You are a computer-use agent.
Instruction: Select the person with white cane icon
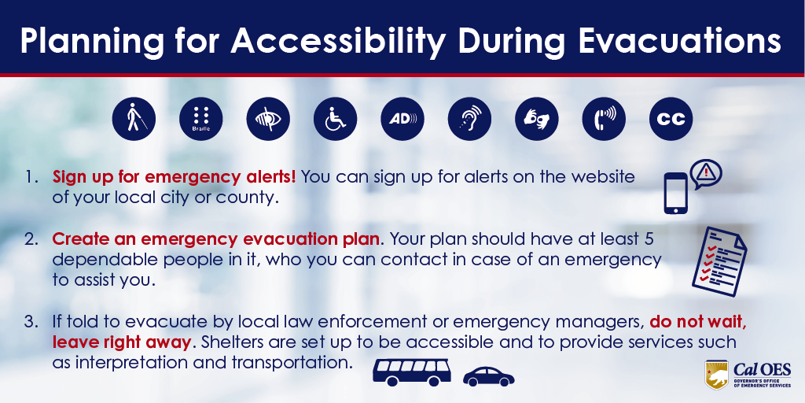point(133,119)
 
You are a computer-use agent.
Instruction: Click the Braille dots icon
point(200,119)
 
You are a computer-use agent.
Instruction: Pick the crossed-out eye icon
point(268,119)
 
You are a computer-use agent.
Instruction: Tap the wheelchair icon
point(335,119)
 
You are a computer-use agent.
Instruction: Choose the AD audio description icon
point(402,119)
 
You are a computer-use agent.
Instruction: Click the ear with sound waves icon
point(469,119)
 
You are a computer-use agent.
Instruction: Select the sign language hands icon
point(536,119)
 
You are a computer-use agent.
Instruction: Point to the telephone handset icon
point(604,119)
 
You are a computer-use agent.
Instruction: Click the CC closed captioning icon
point(671,119)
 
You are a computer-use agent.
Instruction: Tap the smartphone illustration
point(675,193)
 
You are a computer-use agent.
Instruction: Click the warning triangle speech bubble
point(705,172)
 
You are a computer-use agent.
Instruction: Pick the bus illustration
point(411,372)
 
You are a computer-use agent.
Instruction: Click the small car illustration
point(488,376)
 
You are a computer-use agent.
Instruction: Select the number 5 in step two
point(649,238)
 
